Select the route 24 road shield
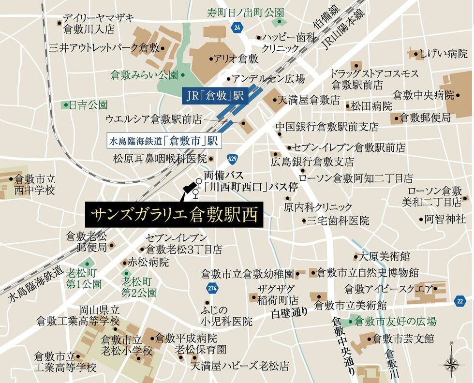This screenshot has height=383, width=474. (x=237, y=28)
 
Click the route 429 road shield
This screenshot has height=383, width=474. (x=233, y=158)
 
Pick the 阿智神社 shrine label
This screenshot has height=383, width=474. (x=445, y=219)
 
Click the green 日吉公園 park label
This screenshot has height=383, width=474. (x=88, y=105)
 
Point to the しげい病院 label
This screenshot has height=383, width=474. (x=444, y=54)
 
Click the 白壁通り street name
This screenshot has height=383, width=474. (x=289, y=312)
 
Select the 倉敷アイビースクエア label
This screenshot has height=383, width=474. (x=388, y=289)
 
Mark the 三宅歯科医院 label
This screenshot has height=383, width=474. (x=338, y=221)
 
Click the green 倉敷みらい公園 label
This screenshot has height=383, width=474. (x=144, y=75)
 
